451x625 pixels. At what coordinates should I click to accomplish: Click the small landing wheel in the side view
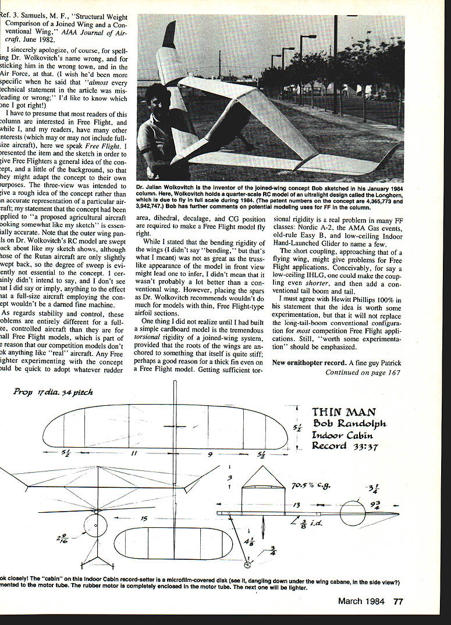248,565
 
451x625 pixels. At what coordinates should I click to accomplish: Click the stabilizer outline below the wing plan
172,544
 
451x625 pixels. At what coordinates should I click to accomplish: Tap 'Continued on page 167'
363,372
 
